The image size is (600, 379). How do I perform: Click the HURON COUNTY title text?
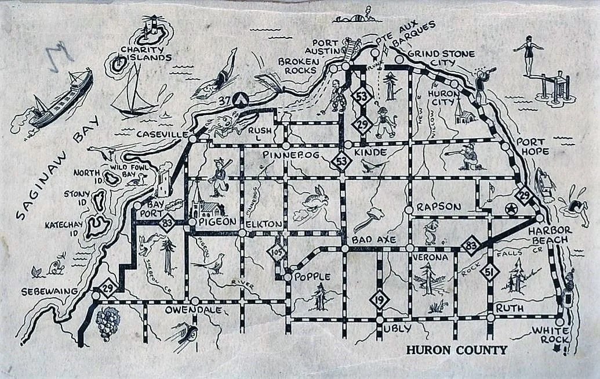pos(457,350)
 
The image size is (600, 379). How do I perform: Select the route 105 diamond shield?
pos(276,251)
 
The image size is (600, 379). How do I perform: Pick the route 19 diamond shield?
pos(379,299)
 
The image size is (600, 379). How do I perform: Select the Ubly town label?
pos(397,329)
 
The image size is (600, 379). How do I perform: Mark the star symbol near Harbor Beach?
pos(511,209)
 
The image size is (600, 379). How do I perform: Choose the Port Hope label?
pos(532,147)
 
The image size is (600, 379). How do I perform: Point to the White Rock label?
pos(548,335)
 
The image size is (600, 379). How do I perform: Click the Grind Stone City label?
pos(441,58)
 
